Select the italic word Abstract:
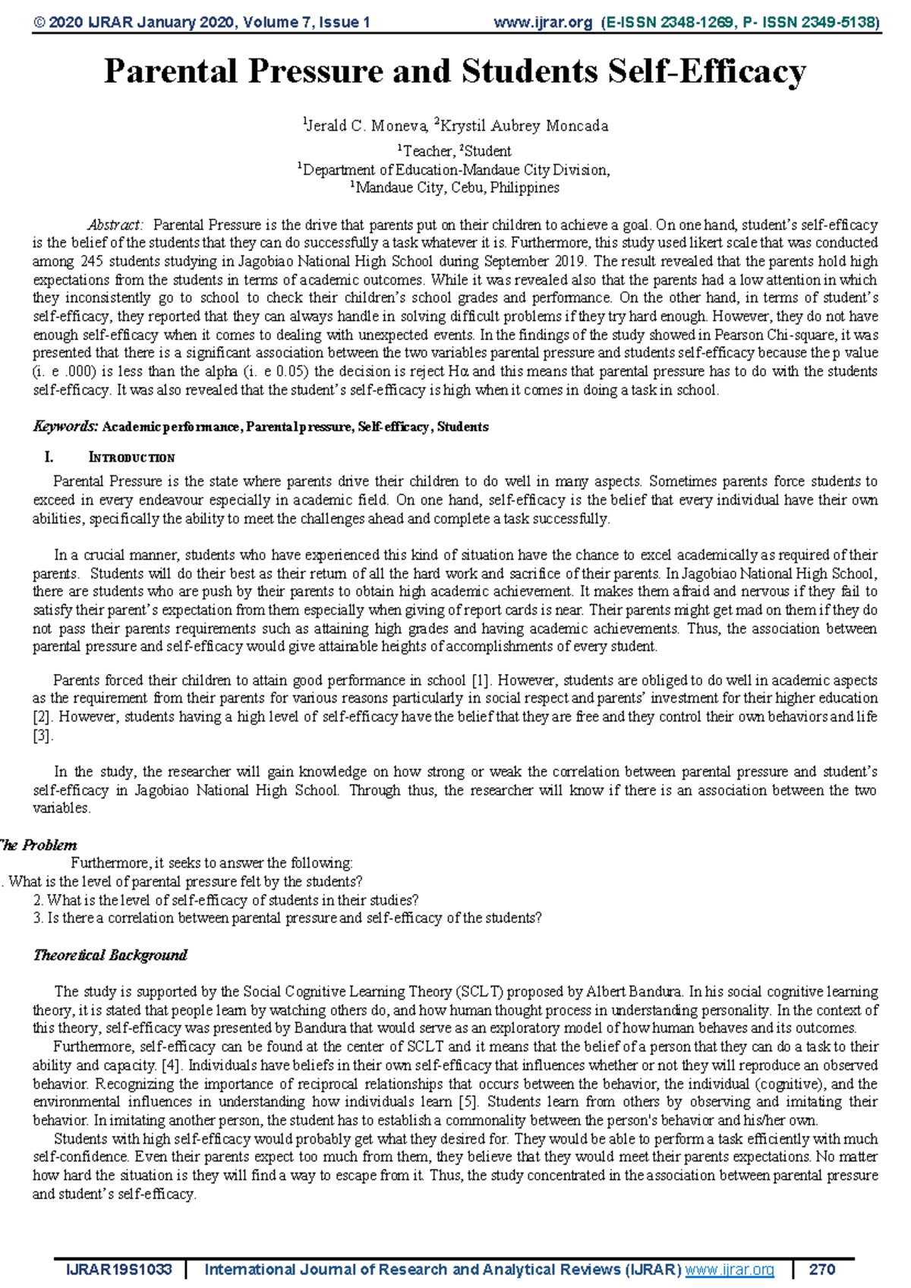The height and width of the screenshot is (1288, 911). [115, 225]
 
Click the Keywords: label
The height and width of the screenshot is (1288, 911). [65, 427]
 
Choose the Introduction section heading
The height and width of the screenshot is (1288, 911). [131, 458]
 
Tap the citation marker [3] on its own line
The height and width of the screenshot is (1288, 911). [43, 735]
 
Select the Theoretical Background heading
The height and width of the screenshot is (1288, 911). [110, 956]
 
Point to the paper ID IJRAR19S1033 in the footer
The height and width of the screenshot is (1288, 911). [119, 1270]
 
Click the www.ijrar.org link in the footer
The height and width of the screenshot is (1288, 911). [730, 1270]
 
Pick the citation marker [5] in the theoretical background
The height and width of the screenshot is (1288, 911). [467, 1102]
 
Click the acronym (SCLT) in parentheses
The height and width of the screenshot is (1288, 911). [479, 992]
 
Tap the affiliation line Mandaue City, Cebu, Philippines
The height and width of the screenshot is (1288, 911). [455, 187]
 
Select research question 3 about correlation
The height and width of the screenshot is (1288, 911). [288, 918]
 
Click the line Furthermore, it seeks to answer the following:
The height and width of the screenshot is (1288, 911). [211, 863]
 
